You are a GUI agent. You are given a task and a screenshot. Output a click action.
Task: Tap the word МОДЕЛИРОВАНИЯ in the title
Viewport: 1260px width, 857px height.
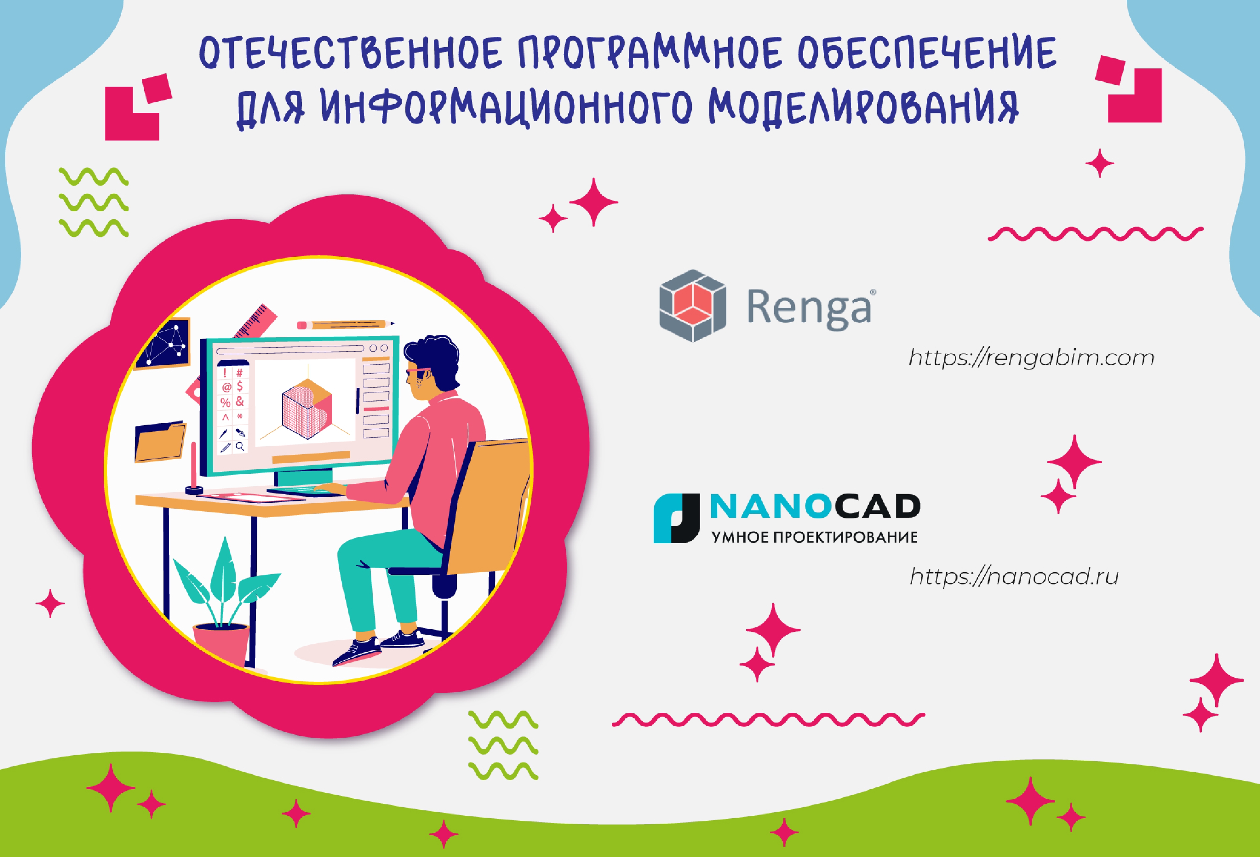[x=864, y=107]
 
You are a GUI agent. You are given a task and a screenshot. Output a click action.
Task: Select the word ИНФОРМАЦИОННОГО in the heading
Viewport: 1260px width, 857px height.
[x=507, y=107]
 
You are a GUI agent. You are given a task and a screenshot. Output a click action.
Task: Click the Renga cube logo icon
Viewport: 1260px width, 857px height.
[x=692, y=306]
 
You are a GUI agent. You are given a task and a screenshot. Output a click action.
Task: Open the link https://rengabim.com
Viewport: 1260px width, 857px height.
[x=1032, y=358]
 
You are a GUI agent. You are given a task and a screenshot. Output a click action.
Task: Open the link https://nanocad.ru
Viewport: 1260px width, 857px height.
[x=1014, y=576]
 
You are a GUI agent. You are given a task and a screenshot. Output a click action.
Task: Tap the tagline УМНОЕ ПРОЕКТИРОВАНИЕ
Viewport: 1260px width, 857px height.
[x=814, y=537]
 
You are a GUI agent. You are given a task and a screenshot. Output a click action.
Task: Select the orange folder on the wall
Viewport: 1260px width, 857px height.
[x=160, y=442]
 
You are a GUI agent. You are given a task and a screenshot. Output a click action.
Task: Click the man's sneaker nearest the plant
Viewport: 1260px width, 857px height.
[x=357, y=652]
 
